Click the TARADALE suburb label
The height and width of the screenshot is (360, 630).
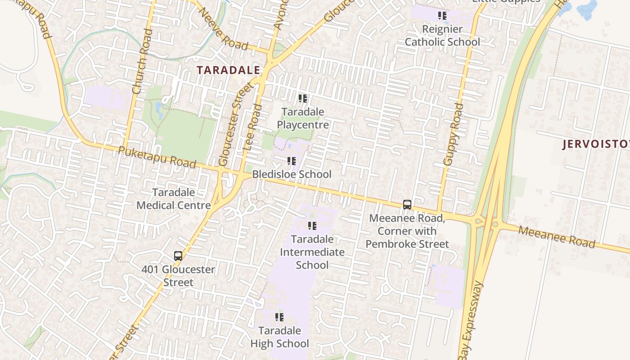229,70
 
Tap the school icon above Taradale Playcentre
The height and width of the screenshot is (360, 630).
303,98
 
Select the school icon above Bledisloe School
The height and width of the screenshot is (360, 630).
291,161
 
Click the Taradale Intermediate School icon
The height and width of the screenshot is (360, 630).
312,225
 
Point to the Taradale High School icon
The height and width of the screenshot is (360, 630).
279,317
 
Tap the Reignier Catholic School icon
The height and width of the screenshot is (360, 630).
442,16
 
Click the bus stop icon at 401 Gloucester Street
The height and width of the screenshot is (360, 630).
178,256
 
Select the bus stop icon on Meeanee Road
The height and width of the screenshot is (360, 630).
407,205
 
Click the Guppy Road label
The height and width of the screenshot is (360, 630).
453,134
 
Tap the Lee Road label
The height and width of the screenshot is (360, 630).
252,127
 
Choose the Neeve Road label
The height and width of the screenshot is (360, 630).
223,29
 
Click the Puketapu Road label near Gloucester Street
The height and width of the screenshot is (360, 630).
157,157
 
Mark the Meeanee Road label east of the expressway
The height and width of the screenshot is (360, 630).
556,237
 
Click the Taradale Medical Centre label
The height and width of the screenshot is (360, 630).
174,199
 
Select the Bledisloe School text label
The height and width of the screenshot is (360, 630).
292,174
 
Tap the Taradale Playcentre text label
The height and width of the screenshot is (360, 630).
303,118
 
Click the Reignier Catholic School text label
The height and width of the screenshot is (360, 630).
442,36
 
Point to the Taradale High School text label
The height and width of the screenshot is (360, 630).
279,337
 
